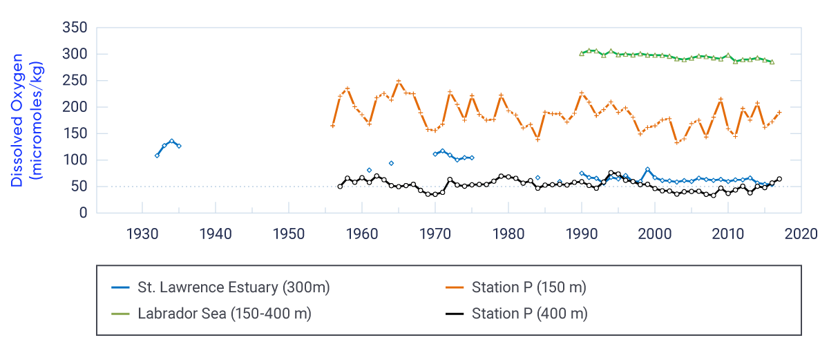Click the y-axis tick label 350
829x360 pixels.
click(x=75, y=28)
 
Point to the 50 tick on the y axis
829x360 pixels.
click(x=79, y=187)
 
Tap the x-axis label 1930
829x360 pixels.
click(x=142, y=232)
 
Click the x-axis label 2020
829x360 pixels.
click(x=801, y=232)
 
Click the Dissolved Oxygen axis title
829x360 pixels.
click(x=26, y=122)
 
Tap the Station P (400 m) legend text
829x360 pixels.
click(x=529, y=314)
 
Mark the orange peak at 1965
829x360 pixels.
click(x=399, y=81)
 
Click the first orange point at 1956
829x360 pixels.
click(x=332, y=126)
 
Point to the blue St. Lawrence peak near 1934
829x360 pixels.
click(x=171, y=141)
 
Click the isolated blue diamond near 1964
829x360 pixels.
click(x=391, y=163)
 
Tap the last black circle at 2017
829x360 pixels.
click(x=779, y=179)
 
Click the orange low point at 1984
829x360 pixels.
click(x=537, y=140)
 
